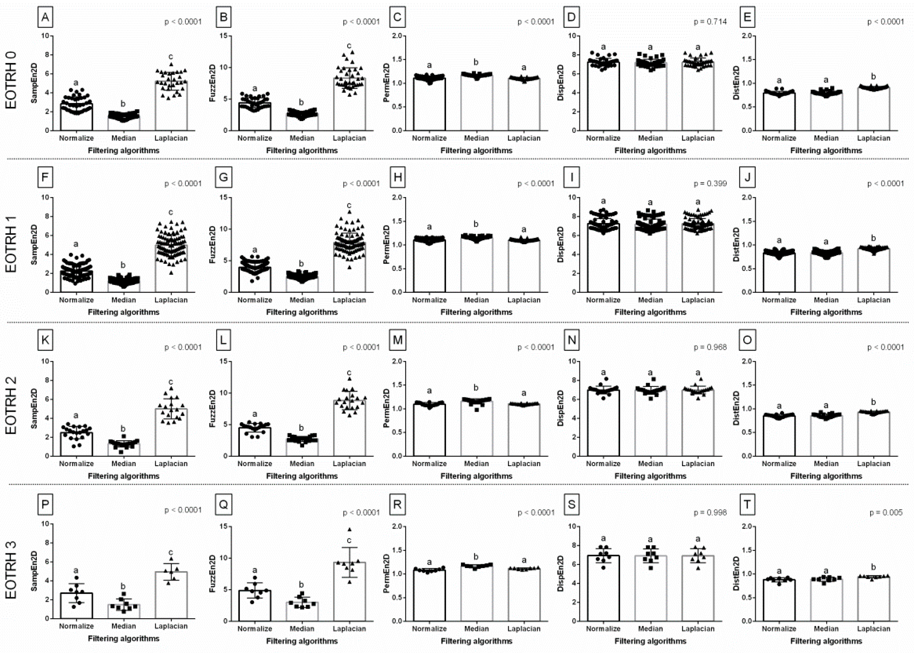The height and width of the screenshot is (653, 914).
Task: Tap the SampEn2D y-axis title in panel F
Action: [x=35, y=245]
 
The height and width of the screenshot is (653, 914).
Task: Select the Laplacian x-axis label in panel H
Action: [x=523, y=300]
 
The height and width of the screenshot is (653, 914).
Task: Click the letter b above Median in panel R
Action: [x=476, y=557]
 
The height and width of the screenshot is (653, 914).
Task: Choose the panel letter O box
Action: [x=747, y=340]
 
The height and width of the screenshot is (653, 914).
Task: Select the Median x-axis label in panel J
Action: [x=826, y=300]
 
